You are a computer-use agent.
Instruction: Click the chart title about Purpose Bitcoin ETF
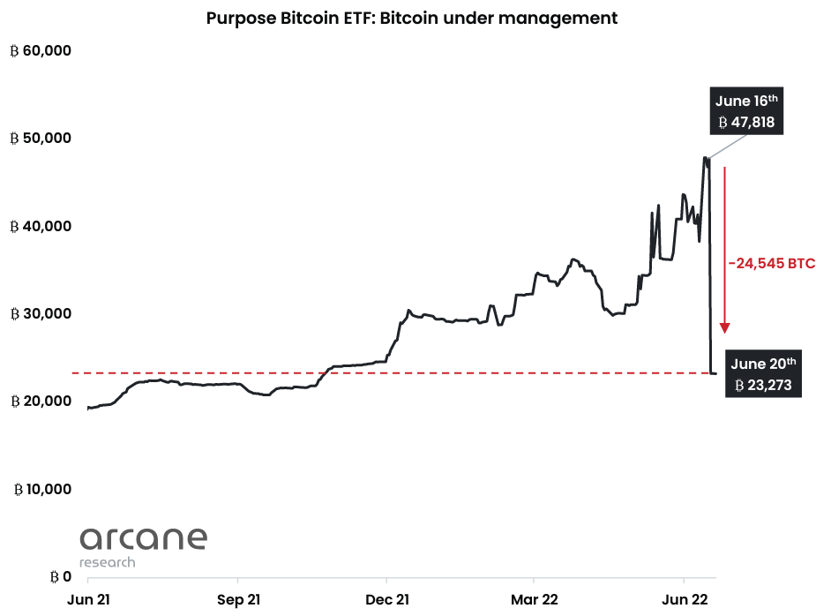pyautogui.click(x=412, y=18)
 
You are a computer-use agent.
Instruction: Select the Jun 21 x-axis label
pyautogui.click(x=87, y=599)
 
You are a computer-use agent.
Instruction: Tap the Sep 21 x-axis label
pyautogui.click(x=237, y=599)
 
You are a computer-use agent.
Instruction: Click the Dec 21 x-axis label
pyautogui.click(x=386, y=599)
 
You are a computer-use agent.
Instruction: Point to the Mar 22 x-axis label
pyautogui.click(x=535, y=599)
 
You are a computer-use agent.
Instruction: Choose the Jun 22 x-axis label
pyautogui.click(x=685, y=599)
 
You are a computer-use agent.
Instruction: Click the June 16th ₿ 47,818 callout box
pyautogui.click(x=746, y=111)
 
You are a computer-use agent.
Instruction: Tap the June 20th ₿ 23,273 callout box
pyautogui.click(x=763, y=373)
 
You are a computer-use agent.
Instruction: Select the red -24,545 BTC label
pyautogui.click(x=771, y=263)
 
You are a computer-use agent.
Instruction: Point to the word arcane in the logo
pyautogui.click(x=143, y=538)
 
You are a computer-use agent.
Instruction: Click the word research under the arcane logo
pyautogui.click(x=108, y=562)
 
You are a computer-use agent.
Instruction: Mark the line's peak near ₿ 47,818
pyautogui.click(x=705, y=158)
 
